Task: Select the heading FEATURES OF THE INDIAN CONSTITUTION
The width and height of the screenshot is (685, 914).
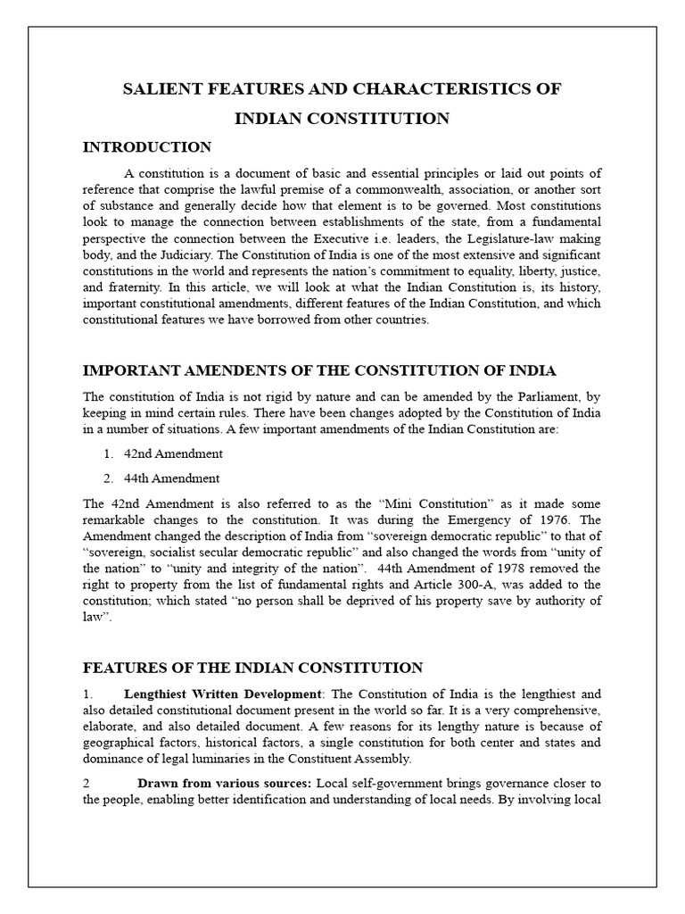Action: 252,667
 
